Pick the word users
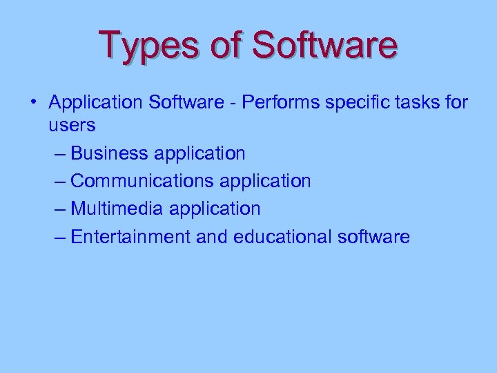click(x=72, y=125)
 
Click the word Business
click(x=110, y=153)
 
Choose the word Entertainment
click(x=130, y=237)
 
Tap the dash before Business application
click(x=59, y=153)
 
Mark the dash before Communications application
click(x=59, y=182)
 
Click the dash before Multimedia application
click(x=59, y=209)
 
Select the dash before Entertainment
click(x=59, y=238)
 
